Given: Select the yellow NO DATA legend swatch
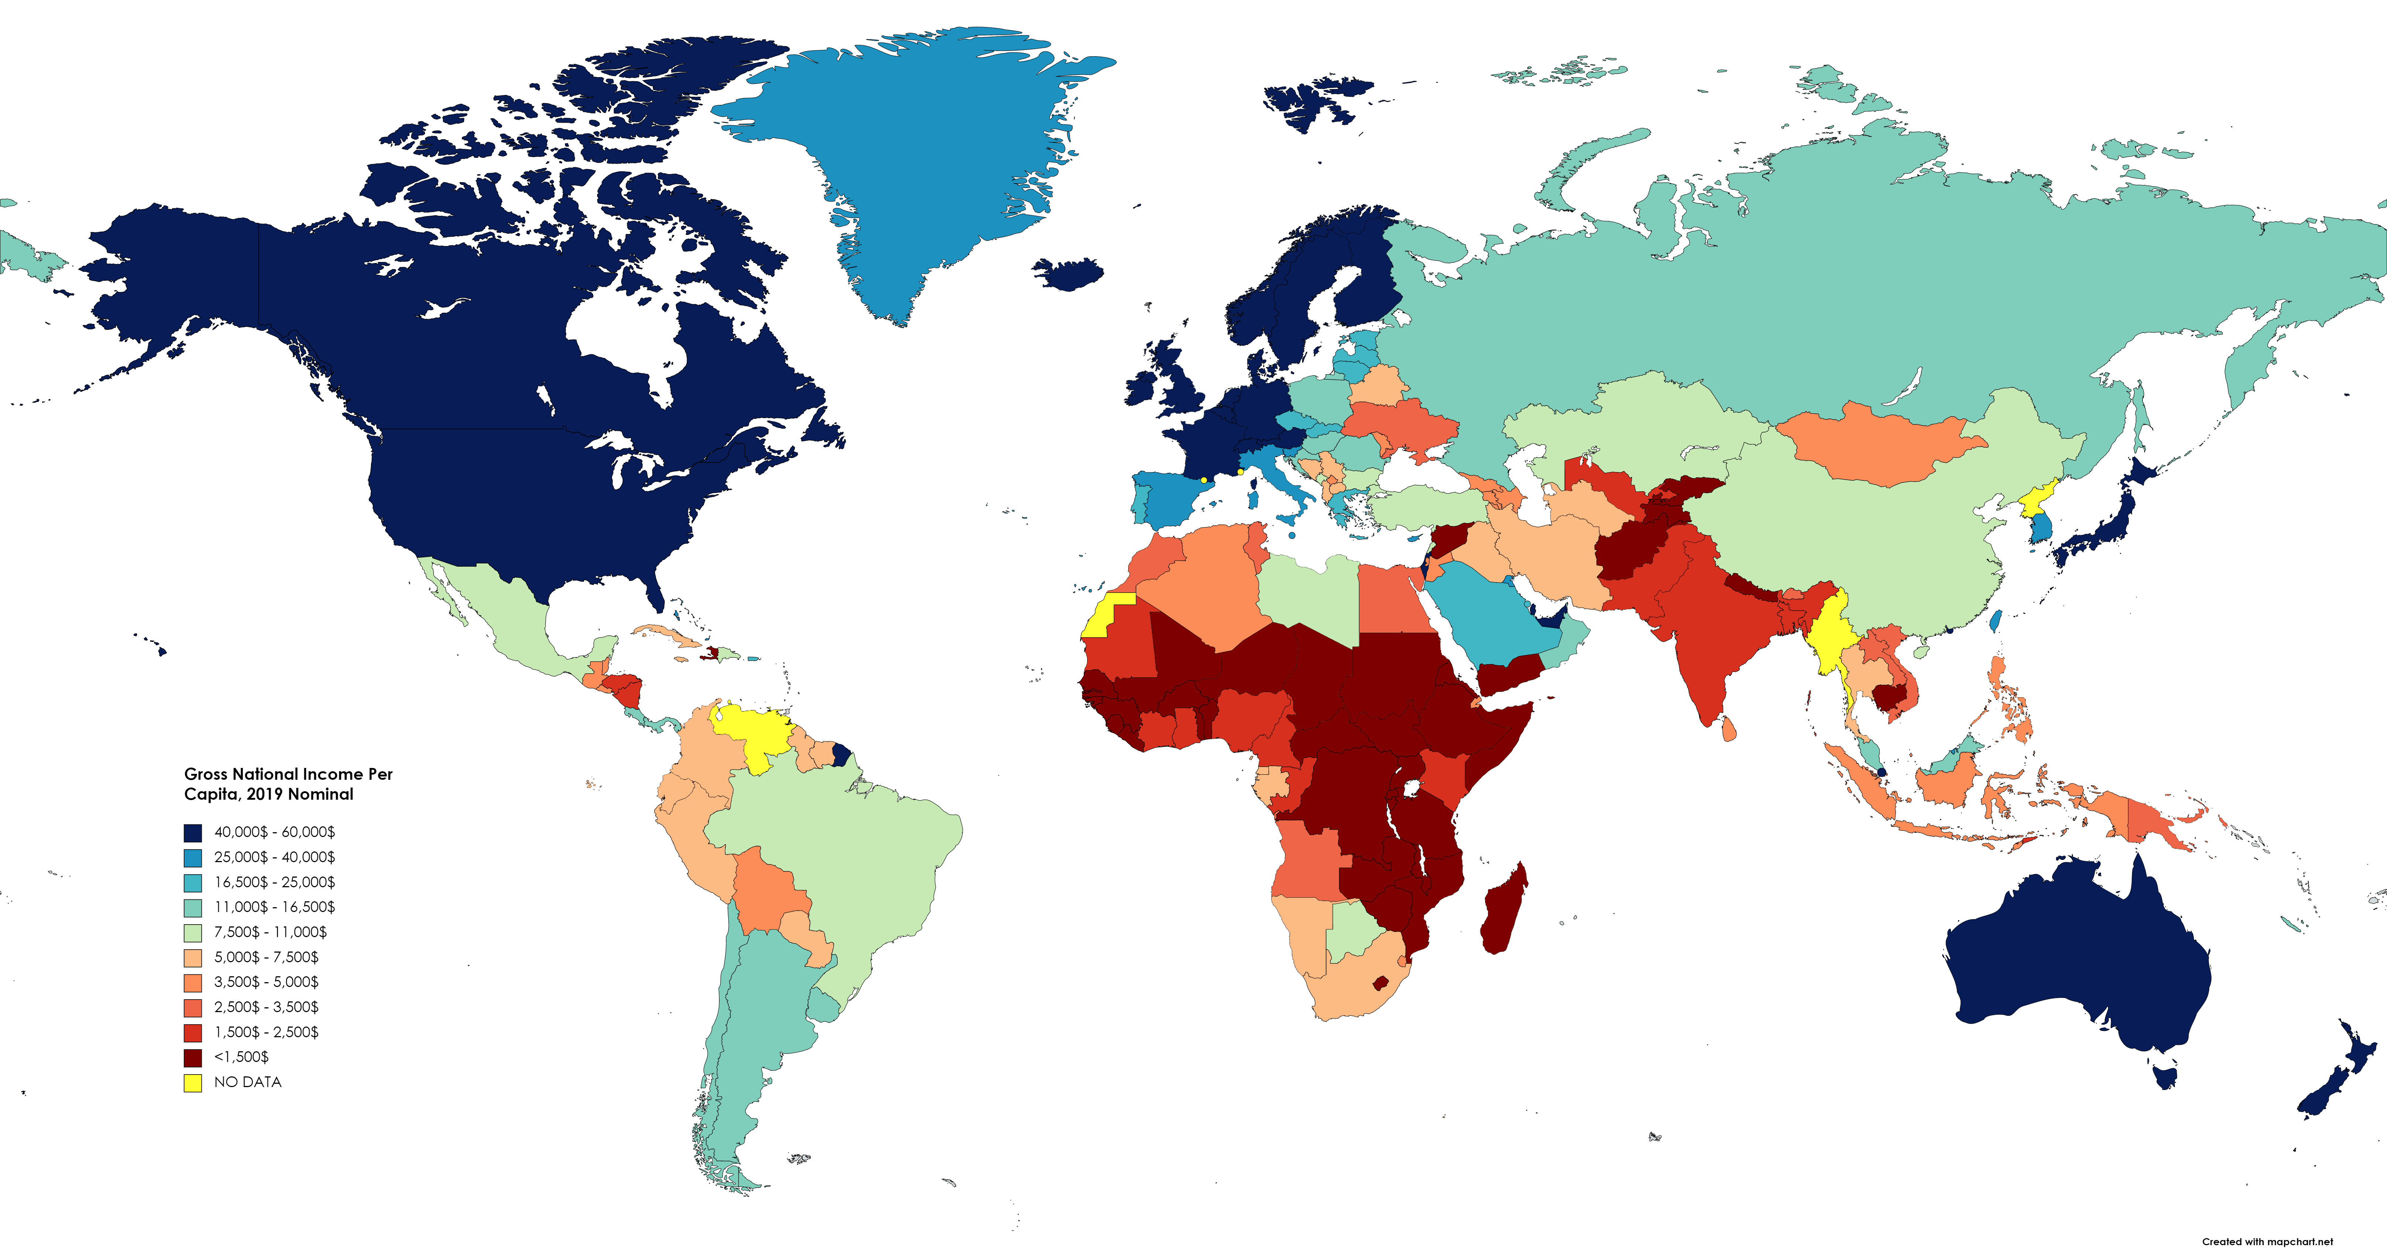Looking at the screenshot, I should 193,1082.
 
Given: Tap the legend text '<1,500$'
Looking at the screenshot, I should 241,1057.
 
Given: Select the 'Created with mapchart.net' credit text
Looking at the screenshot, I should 2267,1241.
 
